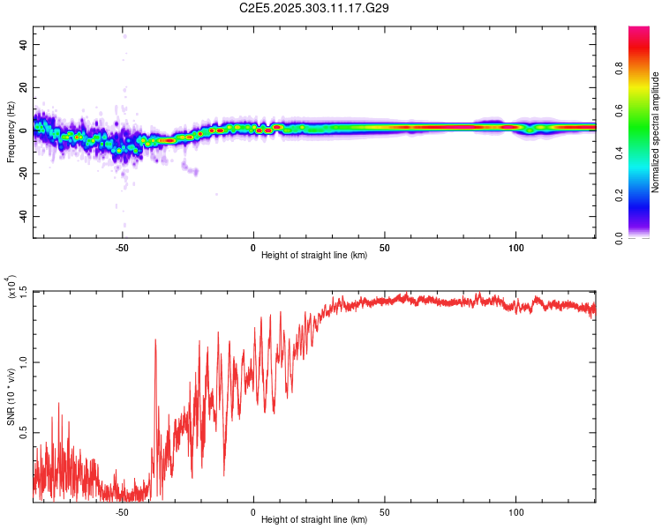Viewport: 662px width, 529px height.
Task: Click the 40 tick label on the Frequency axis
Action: point(24,44)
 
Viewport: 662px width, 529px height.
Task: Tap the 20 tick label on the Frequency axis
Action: point(24,87)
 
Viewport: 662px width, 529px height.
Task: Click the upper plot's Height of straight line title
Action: point(314,256)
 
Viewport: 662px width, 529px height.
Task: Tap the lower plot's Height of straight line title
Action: point(314,520)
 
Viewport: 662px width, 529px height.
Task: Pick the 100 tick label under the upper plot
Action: point(515,247)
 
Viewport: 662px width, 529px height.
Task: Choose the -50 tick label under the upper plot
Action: point(122,247)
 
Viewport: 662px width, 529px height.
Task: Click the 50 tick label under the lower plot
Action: point(385,511)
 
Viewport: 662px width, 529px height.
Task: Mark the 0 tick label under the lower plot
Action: point(253,511)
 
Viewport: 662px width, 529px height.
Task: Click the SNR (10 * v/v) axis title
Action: point(11,397)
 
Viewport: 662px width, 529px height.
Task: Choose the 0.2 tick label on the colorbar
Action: point(645,197)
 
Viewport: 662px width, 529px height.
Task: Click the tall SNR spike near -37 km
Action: point(155,340)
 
